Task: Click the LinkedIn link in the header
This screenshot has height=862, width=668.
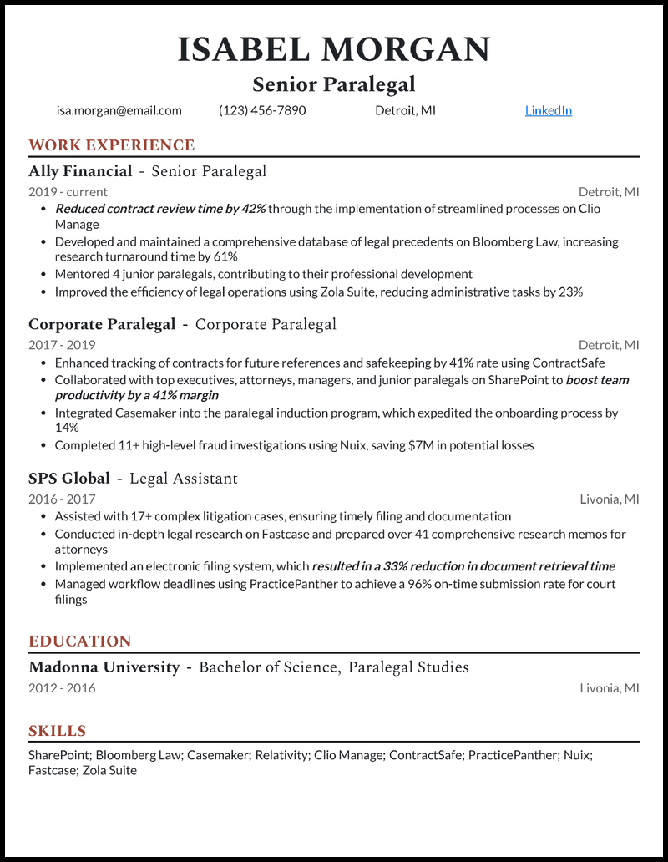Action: click(548, 110)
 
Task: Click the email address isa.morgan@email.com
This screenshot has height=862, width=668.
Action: click(119, 110)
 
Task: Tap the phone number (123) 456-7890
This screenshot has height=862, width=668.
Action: click(262, 110)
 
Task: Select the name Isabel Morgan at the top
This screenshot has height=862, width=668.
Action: click(334, 50)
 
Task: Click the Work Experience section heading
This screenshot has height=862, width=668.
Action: click(111, 145)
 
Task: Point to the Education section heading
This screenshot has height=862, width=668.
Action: click(80, 641)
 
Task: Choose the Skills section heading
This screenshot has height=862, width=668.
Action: click(58, 731)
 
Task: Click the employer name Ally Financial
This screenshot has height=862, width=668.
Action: click(80, 171)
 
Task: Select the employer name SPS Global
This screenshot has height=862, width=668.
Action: click(69, 479)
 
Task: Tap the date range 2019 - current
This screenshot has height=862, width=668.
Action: click(68, 192)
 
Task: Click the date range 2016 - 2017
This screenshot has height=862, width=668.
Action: click(62, 499)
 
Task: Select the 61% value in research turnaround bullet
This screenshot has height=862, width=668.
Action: click(225, 257)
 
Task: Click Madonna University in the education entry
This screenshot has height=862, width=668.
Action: click(104, 667)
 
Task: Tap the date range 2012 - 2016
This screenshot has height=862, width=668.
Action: click(62, 688)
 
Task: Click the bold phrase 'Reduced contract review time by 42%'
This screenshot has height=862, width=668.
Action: click(160, 209)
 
